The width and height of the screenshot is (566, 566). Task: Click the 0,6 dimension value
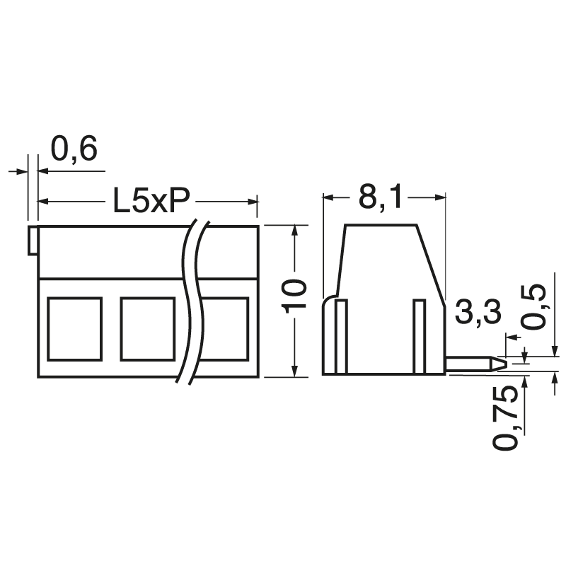tap(74, 150)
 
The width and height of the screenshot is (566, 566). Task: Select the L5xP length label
tap(151, 202)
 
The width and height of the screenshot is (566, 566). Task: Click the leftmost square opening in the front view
tap(74, 328)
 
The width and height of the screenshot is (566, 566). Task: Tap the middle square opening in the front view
tap(148, 328)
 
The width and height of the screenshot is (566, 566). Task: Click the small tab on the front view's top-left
tap(33, 241)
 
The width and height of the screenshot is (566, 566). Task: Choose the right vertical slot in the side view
tap(420, 336)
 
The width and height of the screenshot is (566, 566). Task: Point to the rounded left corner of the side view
tap(328, 303)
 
